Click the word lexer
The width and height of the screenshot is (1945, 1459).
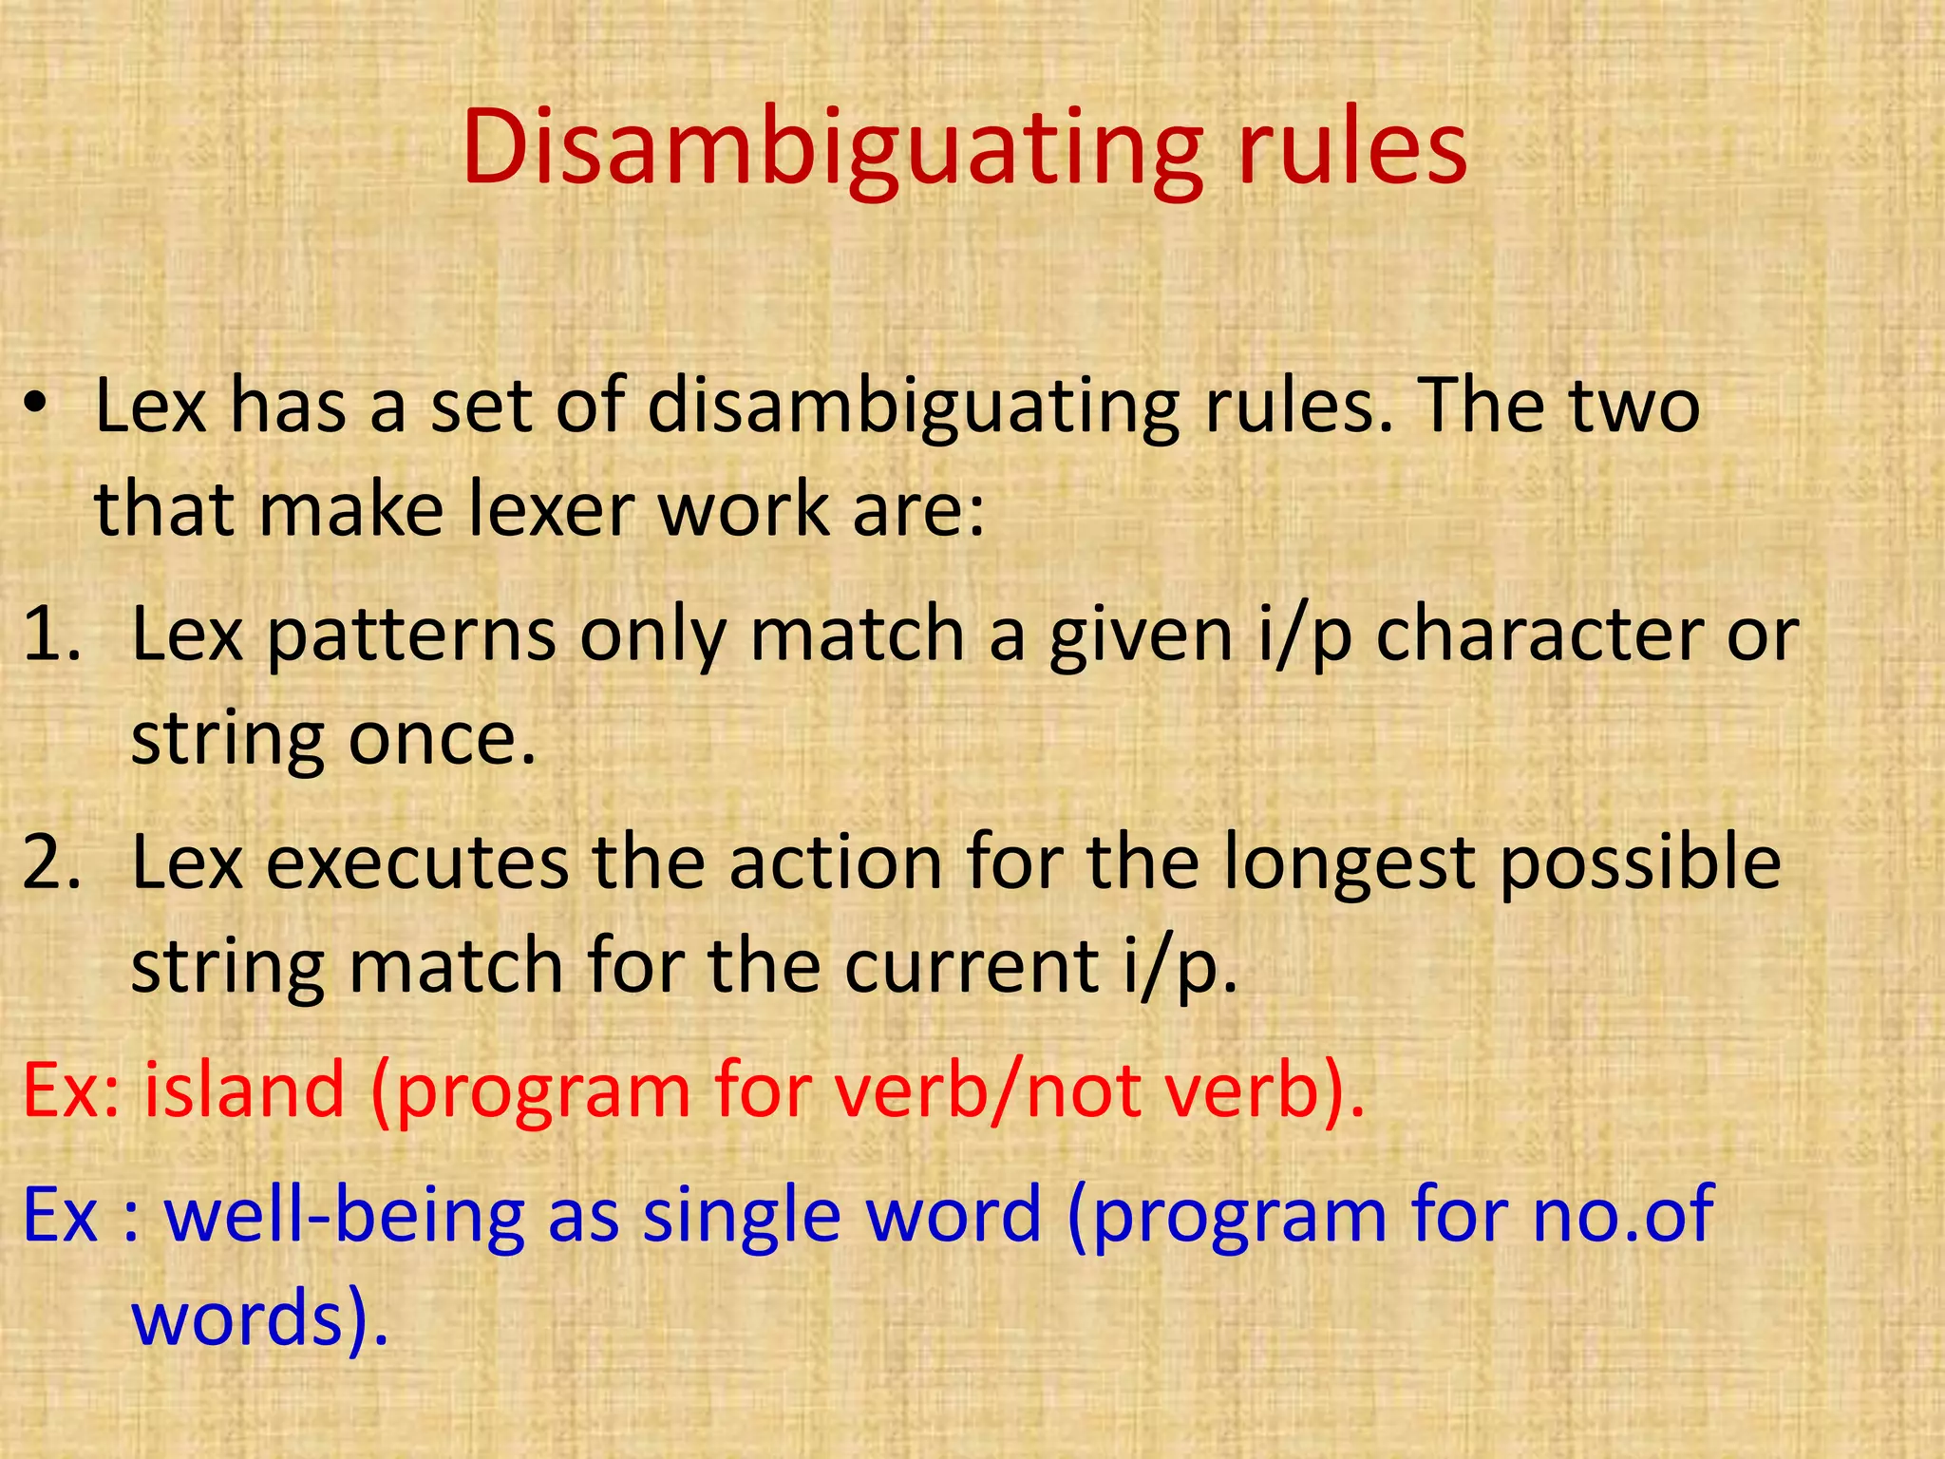pyautogui.click(x=552, y=510)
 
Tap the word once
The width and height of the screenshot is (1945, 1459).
pyautogui.click(x=442, y=739)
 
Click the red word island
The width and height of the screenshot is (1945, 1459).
pyautogui.click(x=244, y=1090)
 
